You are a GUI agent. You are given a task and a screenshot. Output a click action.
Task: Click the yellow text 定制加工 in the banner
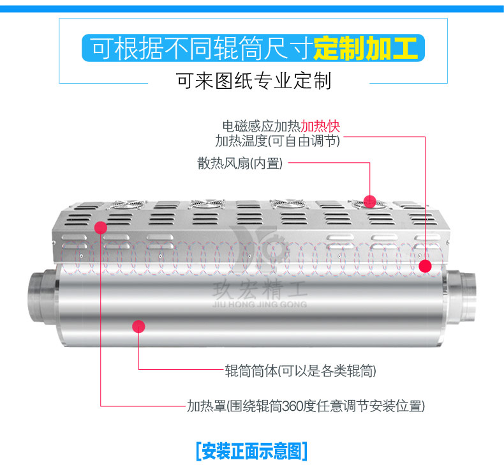[x=366, y=49]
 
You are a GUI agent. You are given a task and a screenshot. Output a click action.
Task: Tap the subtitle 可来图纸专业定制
[x=253, y=81]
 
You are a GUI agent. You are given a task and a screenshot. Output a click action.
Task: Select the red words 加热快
[x=320, y=126]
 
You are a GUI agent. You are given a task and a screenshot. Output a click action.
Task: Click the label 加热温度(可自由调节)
[x=278, y=141]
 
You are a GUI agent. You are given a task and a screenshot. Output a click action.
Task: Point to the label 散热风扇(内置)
[x=240, y=163]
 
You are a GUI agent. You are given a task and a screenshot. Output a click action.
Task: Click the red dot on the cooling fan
[x=369, y=201]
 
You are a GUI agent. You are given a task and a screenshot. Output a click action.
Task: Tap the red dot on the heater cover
[x=101, y=227]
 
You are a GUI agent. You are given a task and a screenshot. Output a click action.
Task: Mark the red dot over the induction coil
[x=426, y=266]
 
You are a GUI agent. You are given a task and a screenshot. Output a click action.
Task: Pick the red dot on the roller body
[x=138, y=326]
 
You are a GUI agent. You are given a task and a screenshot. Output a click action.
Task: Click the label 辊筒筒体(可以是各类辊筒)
[x=300, y=371]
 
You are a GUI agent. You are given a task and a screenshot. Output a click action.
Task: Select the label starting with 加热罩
[x=306, y=406]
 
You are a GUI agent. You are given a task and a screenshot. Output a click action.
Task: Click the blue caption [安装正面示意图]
[x=251, y=451]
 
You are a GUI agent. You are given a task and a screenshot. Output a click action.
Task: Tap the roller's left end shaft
[x=41, y=296]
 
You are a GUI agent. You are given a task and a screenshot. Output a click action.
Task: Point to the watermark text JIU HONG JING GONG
[x=260, y=304]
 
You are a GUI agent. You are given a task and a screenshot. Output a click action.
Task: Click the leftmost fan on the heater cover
[x=128, y=204]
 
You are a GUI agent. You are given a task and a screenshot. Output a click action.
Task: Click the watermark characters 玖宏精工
[x=260, y=289]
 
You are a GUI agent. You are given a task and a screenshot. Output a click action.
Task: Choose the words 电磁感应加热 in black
[x=262, y=126]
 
